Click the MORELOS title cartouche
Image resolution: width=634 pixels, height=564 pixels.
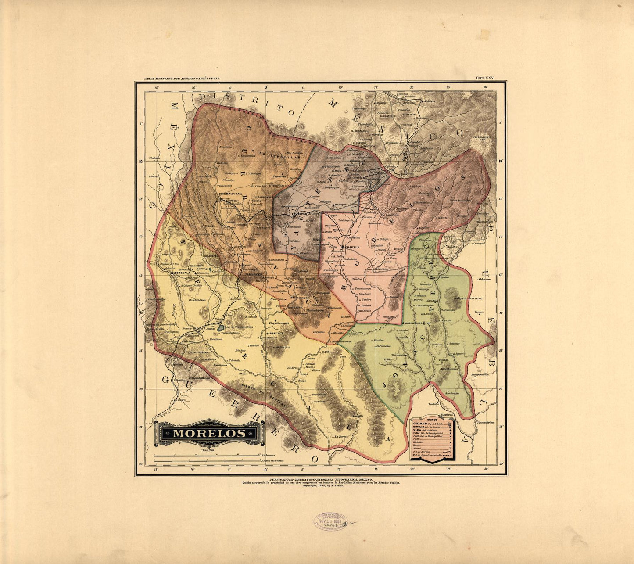(209, 433)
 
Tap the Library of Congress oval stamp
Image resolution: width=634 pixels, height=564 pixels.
(330, 521)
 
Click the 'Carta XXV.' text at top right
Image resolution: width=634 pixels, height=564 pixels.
(485, 78)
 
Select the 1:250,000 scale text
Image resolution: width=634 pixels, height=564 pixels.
(207, 450)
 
